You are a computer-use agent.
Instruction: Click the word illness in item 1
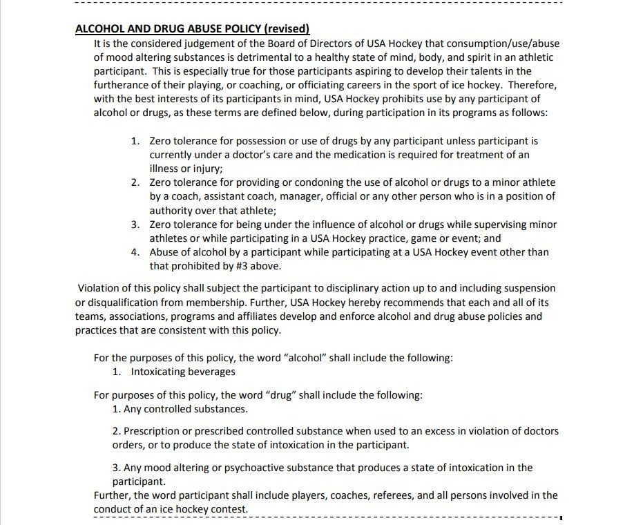tap(166, 169)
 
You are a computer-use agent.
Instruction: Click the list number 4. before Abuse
tap(135, 252)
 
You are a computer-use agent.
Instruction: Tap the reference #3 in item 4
tap(233, 266)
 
